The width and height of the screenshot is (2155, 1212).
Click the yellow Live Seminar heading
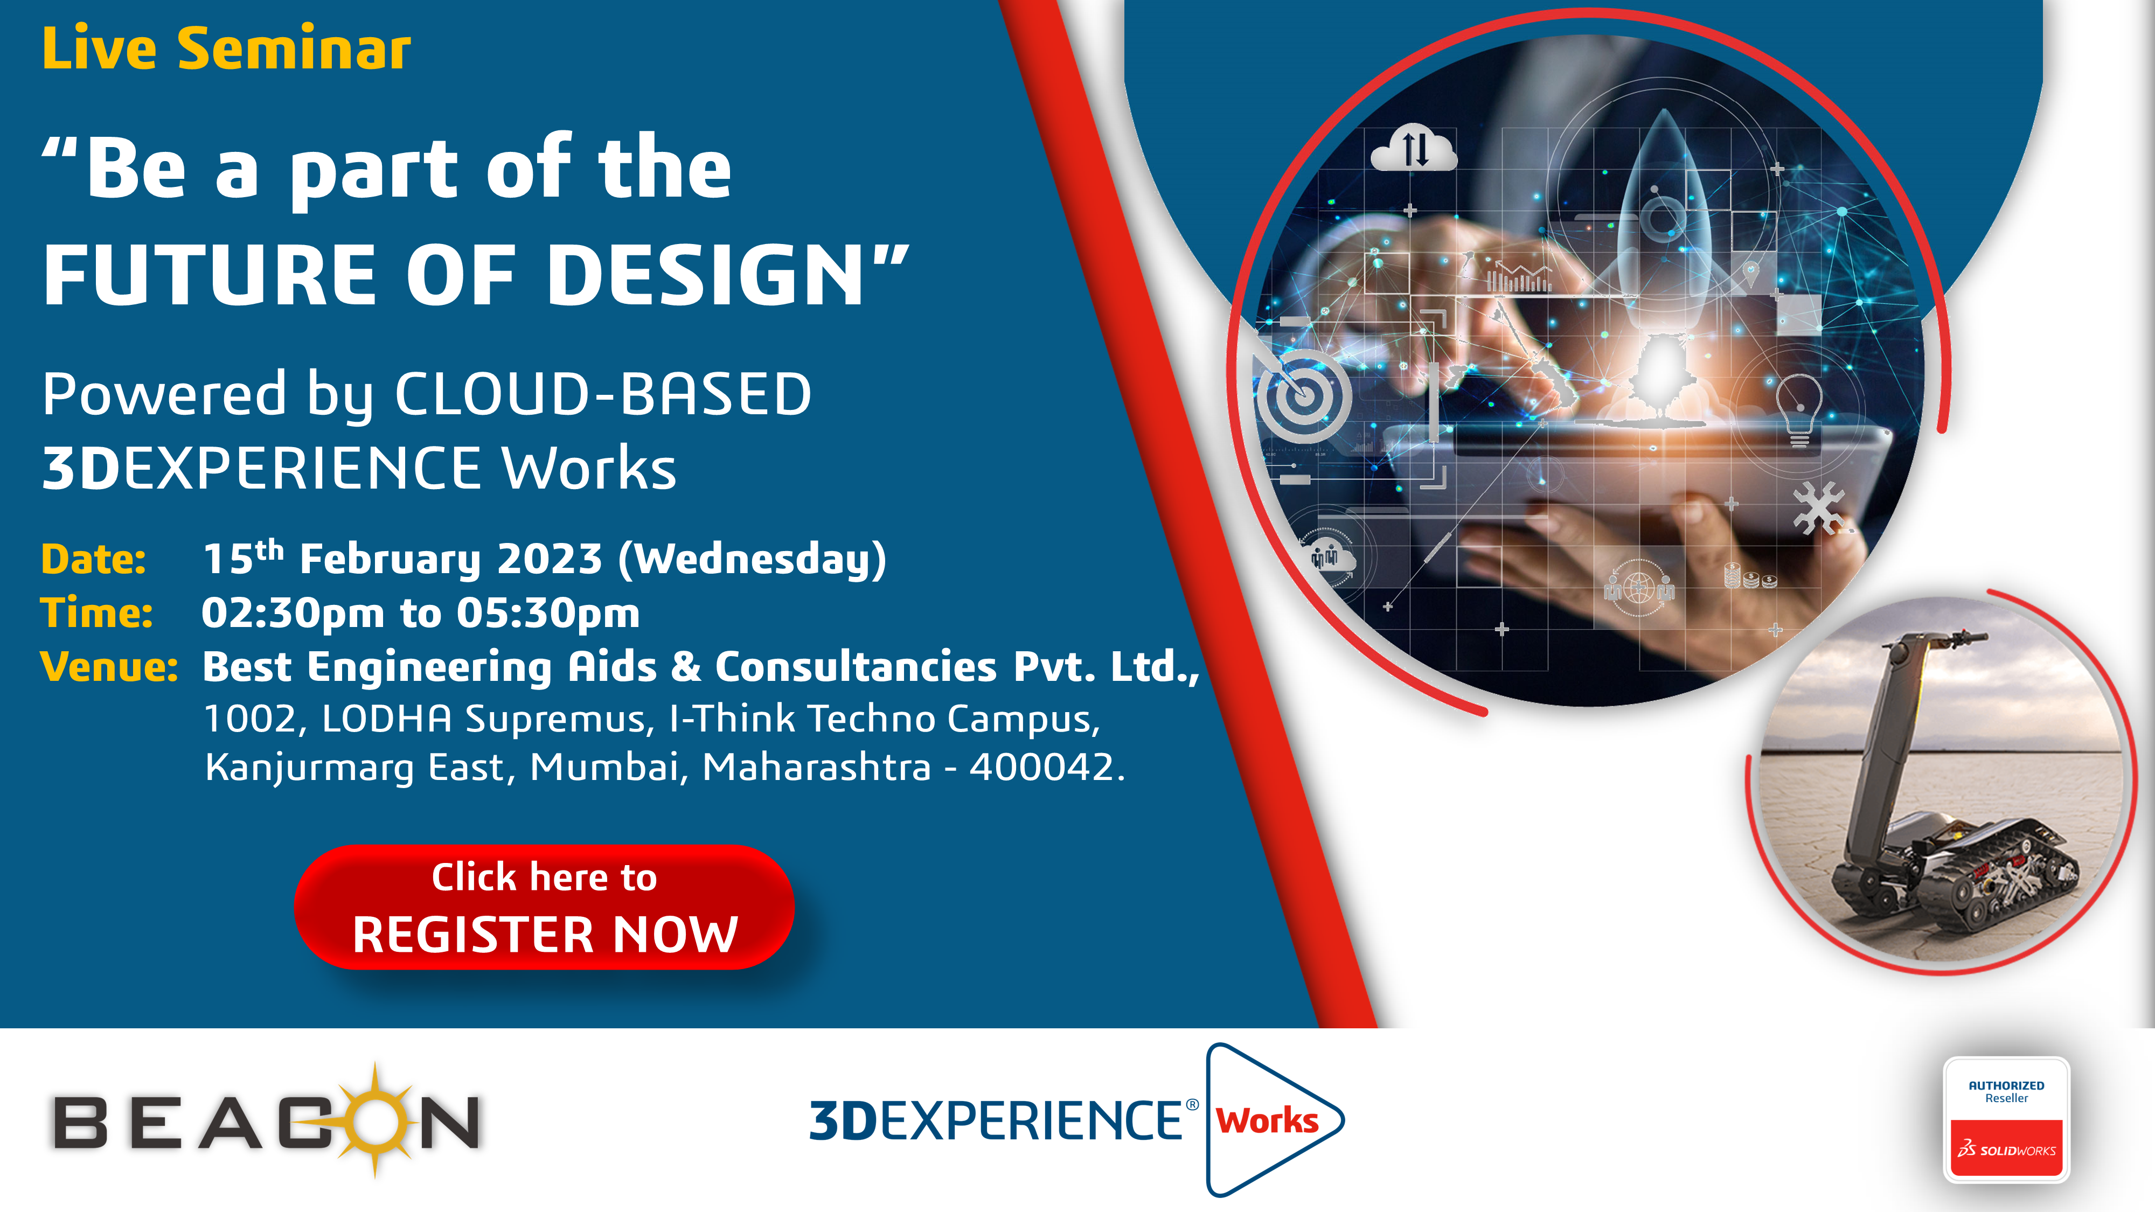pos(226,48)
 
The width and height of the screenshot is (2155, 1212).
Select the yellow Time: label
pos(97,612)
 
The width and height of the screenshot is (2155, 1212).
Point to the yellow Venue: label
pos(109,667)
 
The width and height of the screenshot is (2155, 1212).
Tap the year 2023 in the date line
pos(550,559)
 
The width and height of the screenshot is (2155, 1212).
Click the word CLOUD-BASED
pos(602,393)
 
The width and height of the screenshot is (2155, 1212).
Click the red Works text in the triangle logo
pos(1267,1121)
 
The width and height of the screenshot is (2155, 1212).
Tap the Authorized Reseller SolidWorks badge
pos(2006,1119)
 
